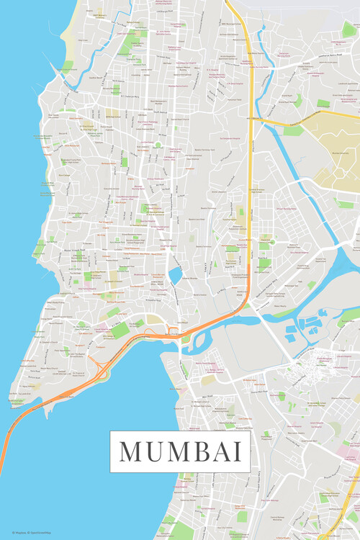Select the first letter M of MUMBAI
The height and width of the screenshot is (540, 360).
point(132,451)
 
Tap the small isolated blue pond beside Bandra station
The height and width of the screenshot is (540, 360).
point(175,275)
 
